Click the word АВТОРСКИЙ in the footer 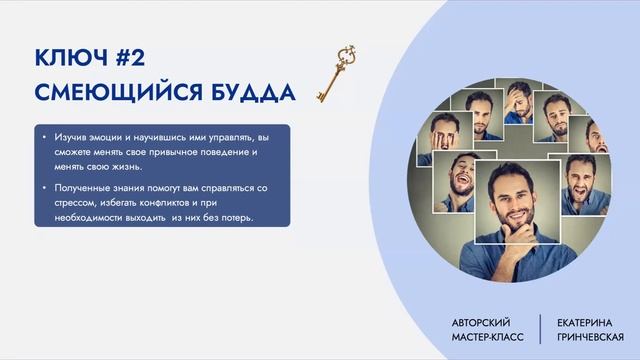[x=482, y=323]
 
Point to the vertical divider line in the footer [x=541, y=330]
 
